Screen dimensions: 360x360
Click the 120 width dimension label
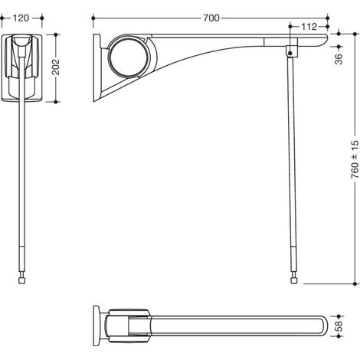coord(21,18)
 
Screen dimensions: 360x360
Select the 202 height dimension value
coord(55,67)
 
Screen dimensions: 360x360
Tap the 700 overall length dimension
coord(211,18)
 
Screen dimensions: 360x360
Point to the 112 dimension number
coord(309,27)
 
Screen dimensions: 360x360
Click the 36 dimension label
coord(339,59)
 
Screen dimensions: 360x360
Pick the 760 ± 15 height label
coord(355,159)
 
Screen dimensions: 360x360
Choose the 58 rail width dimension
coord(339,326)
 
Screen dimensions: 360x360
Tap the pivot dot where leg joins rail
coord(290,54)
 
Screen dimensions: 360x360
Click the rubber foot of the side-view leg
coord(294,280)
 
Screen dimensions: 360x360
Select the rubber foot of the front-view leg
coord(22,280)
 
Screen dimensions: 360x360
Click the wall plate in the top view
coord(97,326)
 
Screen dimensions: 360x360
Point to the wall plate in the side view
coord(97,68)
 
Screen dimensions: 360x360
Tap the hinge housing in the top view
coord(129,326)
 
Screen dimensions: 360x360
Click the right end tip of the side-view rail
coord(327,38)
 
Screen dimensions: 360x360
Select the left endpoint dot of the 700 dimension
coord(93,18)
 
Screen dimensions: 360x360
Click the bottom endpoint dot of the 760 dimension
coord(355,283)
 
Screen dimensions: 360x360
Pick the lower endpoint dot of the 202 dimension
coord(56,102)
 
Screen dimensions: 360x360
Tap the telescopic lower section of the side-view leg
coord(294,258)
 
